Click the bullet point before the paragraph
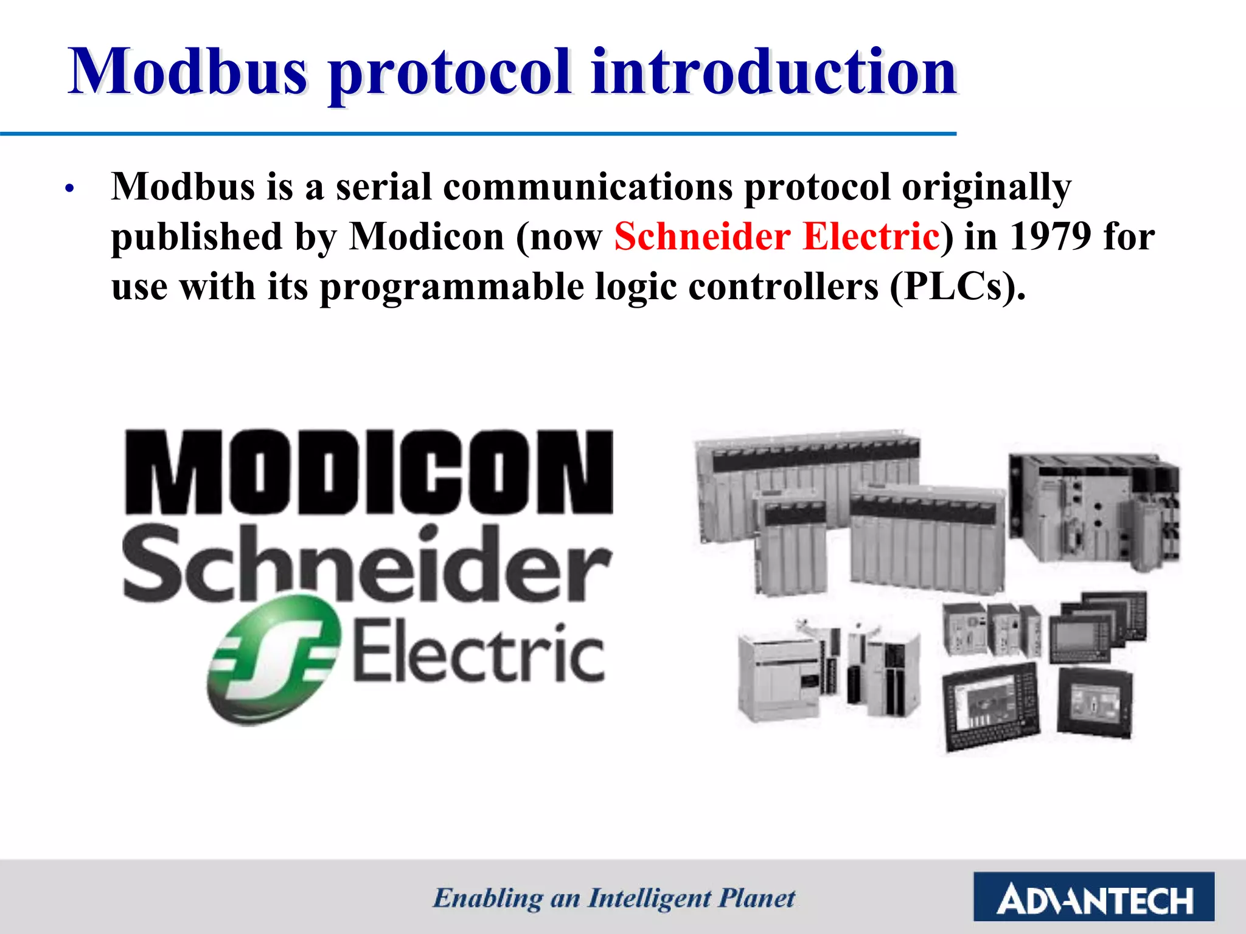70,189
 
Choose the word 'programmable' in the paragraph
451,287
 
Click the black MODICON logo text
369,472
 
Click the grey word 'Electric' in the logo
479,652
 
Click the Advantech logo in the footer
1093,897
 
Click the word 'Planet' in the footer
757,898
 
